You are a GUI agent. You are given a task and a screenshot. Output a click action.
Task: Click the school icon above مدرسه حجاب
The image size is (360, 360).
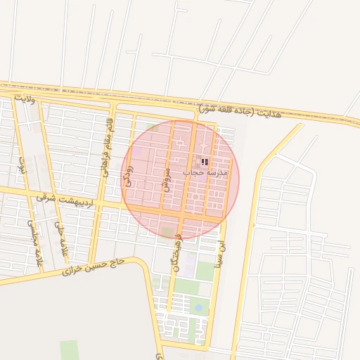205,162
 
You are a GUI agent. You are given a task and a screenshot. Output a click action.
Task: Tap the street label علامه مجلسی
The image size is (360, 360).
32,239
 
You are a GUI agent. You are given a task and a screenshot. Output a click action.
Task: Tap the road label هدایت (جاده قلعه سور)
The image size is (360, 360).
239,111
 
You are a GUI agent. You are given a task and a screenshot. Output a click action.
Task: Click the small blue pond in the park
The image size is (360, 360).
198,307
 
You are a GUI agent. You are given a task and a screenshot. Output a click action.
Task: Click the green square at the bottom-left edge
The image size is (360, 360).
69,350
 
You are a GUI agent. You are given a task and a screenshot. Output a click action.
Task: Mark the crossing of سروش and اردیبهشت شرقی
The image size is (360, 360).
164,212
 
